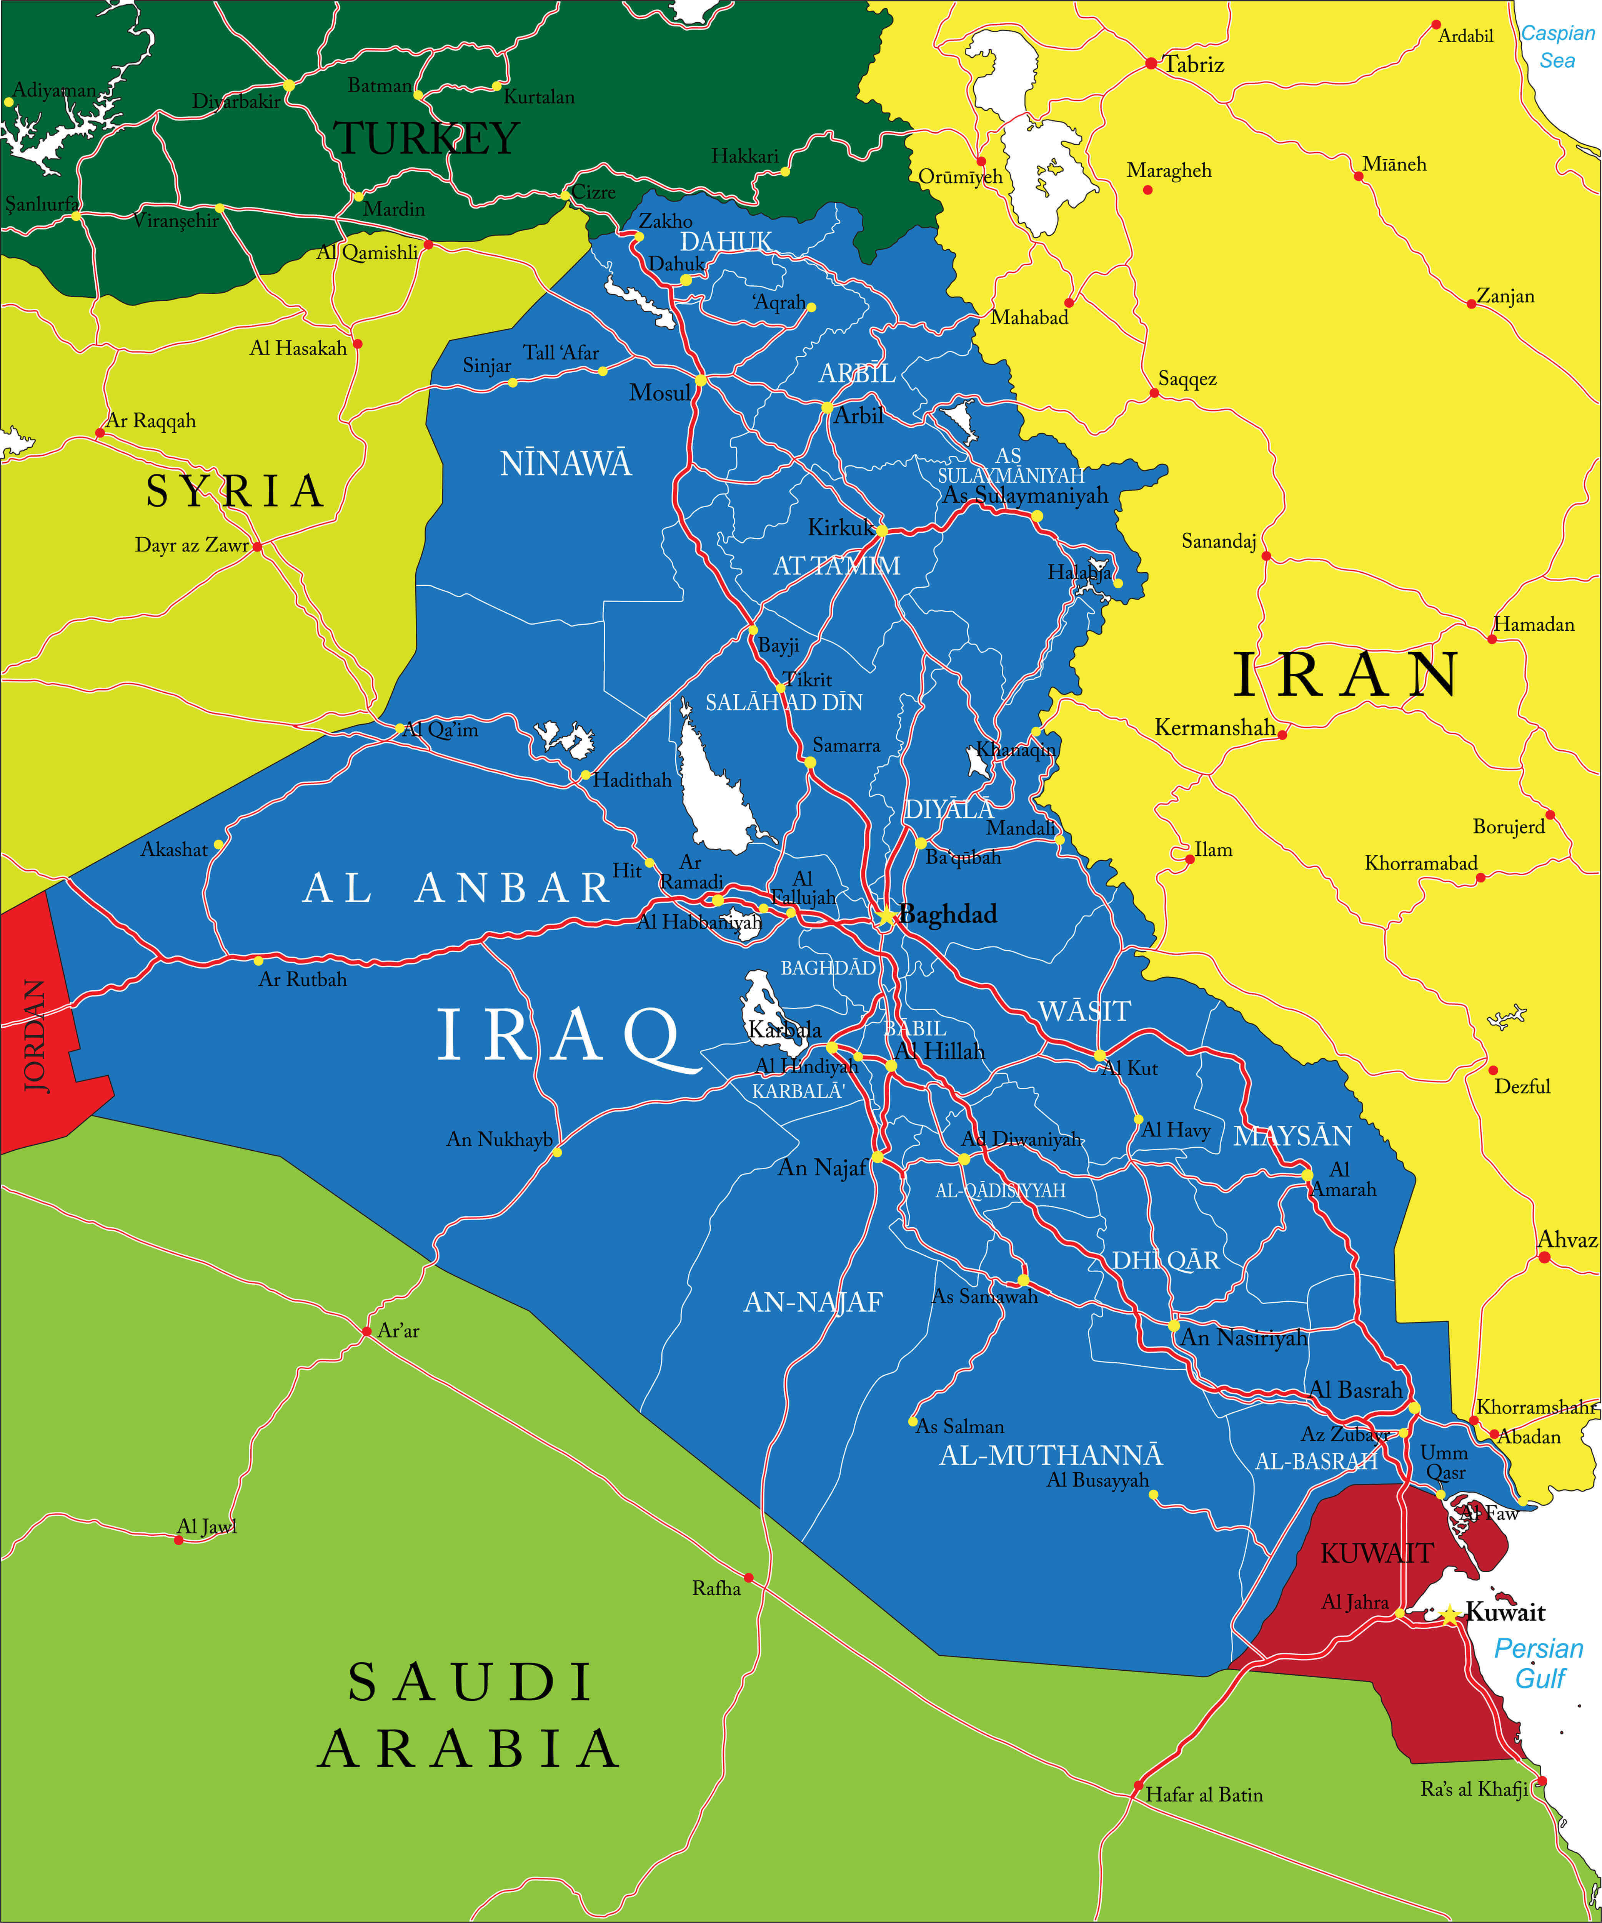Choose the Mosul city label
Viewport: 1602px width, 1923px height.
pos(659,393)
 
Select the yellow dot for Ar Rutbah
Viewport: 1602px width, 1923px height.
pos(258,961)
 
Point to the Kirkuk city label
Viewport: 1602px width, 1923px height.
pos(840,527)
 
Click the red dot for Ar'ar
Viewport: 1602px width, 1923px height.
pos(366,1331)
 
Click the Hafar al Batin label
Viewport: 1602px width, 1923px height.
pos(1204,1795)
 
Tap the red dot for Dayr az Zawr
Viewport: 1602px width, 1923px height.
pos(257,547)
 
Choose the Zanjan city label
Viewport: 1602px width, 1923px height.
pos(1505,296)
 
